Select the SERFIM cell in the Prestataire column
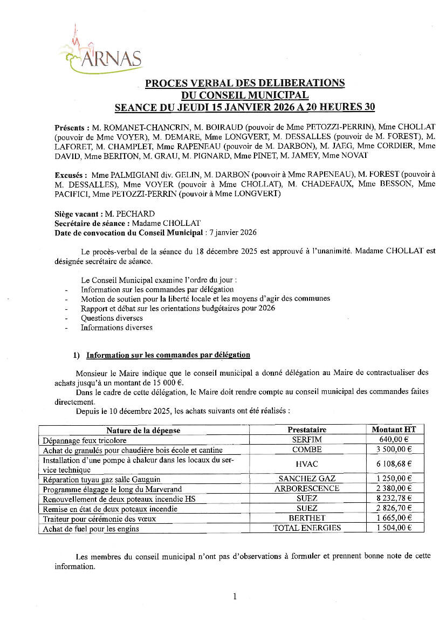tap(307, 440)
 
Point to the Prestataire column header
tap(307, 430)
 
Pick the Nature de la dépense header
tap(143, 430)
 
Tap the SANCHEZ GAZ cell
tap(307, 479)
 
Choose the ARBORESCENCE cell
tap(307, 488)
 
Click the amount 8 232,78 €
tap(395, 499)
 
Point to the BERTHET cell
tap(307, 518)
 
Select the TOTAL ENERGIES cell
tap(307, 528)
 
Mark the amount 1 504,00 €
tap(395, 528)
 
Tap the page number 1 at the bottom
tap(235, 596)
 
